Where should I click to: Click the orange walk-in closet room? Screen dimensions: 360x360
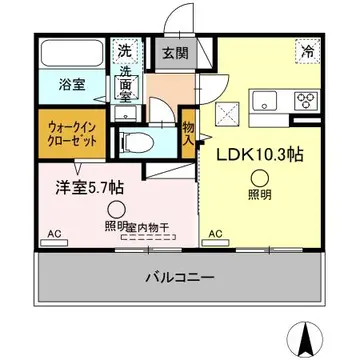tap(69, 131)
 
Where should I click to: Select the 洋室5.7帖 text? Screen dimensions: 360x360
tap(75, 186)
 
